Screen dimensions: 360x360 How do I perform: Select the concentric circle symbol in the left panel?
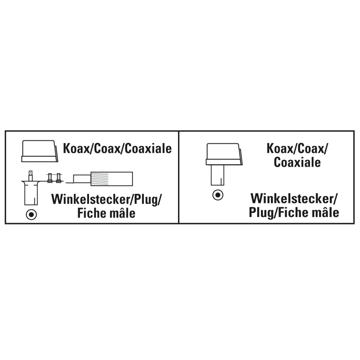click(x=31, y=215)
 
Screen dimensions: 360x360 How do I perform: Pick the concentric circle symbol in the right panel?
click(x=217, y=195)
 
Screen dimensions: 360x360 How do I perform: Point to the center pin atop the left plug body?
click(x=30, y=175)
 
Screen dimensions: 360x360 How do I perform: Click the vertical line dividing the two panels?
click(x=178, y=177)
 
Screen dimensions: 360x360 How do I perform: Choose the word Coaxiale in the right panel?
click(x=297, y=162)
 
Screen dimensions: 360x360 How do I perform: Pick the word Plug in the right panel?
click(x=262, y=212)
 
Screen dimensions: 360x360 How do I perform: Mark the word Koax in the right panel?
click(x=280, y=149)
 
